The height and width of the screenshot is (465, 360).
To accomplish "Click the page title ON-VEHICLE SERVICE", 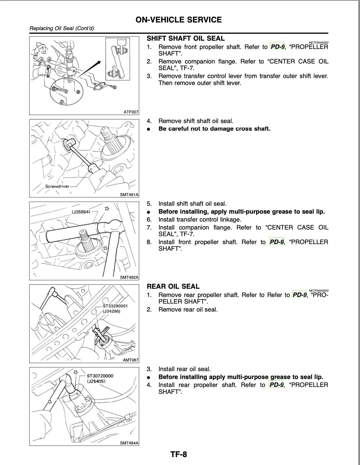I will [179, 20].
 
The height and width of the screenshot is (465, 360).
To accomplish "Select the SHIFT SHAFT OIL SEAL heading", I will [186, 38].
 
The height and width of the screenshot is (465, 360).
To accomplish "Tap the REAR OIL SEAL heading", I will [173, 286].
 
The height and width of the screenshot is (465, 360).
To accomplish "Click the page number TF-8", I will [179, 454].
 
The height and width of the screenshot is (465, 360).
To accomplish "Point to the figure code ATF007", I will [131, 112].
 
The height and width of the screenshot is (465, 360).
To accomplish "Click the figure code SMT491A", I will [129, 195].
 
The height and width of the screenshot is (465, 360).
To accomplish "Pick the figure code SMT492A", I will [129, 277].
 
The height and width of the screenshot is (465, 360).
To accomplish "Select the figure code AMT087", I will [130, 360].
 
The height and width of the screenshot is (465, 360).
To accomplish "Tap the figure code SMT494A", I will [129, 443].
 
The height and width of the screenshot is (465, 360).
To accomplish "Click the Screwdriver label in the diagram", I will [57, 186].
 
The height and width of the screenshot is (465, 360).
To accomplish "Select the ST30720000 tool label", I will [100, 376].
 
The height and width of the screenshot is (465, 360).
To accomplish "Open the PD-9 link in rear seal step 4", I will [277, 385].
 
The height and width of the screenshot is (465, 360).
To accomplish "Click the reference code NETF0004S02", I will [318, 43].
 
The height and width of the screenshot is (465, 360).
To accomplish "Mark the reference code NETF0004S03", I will [318, 291].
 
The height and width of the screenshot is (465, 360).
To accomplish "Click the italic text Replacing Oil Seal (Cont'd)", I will [62, 28].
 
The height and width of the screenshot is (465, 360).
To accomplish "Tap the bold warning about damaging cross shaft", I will [214, 129].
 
